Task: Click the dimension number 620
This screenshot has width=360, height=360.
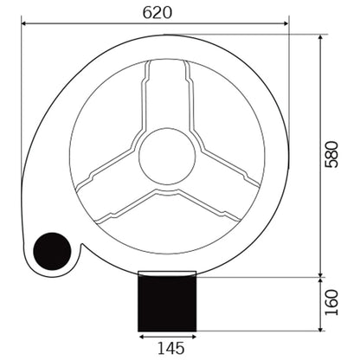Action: (157, 13)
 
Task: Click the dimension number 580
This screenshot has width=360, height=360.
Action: (331, 154)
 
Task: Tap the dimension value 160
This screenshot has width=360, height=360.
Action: (331, 303)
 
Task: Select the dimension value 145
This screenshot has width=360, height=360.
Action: (170, 348)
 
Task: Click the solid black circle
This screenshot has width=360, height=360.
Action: (52, 251)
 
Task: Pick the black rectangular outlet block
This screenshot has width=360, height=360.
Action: (167, 304)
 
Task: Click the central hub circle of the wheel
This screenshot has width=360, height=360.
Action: (167, 156)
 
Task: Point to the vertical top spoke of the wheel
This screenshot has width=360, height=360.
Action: (167, 95)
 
